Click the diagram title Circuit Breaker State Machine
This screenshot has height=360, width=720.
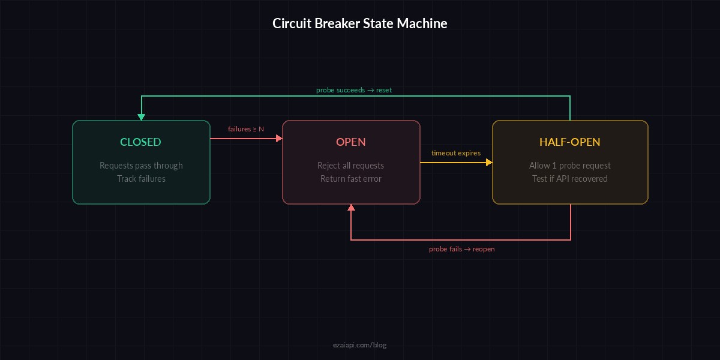pyautogui.click(x=360, y=23)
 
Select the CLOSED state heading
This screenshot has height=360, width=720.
pyautogui.click(x=140, y=142)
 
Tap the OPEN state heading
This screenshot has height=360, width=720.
pyautogui.click(x=350, y=142)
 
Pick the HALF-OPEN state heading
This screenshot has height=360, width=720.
pyautogui.click(x=569, y=142)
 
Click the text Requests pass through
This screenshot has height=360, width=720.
pyautogui.click(x=141, y=166)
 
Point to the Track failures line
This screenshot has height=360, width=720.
pyautogui.click(x=141, y=179)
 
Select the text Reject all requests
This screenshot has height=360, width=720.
pyautogui.click(x=350, y=166)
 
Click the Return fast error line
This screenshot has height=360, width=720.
pyautogui.click(x=350, y=179)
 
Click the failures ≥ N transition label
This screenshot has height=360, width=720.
pyautogui.click(x=245, y=129)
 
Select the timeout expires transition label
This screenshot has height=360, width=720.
pyautogui.click(x=455, y=153)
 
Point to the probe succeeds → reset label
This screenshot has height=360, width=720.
pyautogui.click(x=354, y=90)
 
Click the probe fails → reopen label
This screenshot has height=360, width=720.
pyautogui.click(x=461, y=249)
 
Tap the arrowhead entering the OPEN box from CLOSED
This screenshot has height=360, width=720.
pyautogui.click(x=278, y=138)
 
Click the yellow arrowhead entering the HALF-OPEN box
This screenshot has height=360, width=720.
pyautogui.click(x=488, y=162)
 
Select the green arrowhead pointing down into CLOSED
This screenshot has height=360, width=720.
pyautogui.click(x=141, y=116)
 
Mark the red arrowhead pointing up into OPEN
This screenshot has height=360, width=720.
pyautogui.click(x=351, y=208)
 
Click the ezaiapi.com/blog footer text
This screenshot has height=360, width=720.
pyautogui.click(x=360, y=345)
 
